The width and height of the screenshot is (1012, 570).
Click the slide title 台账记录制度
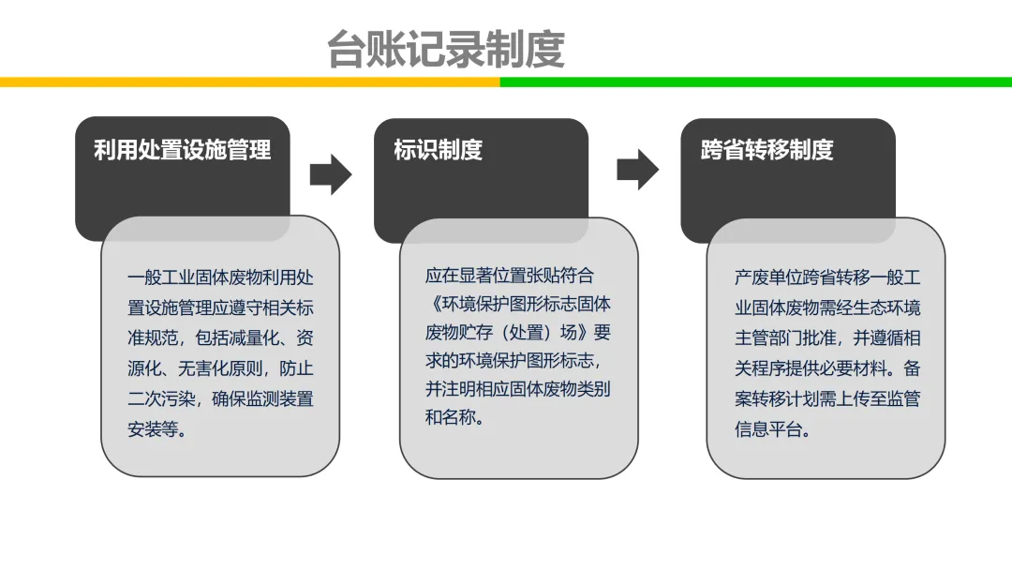446,49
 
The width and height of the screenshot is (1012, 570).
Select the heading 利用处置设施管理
183,150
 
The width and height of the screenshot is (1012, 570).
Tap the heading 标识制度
439,150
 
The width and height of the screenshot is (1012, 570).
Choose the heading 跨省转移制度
767,150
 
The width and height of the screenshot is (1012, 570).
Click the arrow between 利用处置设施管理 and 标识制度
331,174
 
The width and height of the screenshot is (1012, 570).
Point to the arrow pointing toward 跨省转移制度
638,170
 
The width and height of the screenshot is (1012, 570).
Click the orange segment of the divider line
250,82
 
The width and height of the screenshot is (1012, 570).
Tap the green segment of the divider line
756,82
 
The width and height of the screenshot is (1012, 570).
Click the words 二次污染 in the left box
161,399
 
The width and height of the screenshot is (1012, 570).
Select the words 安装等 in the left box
153,429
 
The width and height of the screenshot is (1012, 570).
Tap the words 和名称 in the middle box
451,417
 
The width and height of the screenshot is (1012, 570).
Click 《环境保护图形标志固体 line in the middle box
518,304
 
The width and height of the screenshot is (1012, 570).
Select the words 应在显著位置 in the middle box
476,276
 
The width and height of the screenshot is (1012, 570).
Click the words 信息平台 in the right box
768,429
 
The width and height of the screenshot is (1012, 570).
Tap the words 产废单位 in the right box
768,277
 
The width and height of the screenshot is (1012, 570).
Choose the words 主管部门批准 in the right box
785,338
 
